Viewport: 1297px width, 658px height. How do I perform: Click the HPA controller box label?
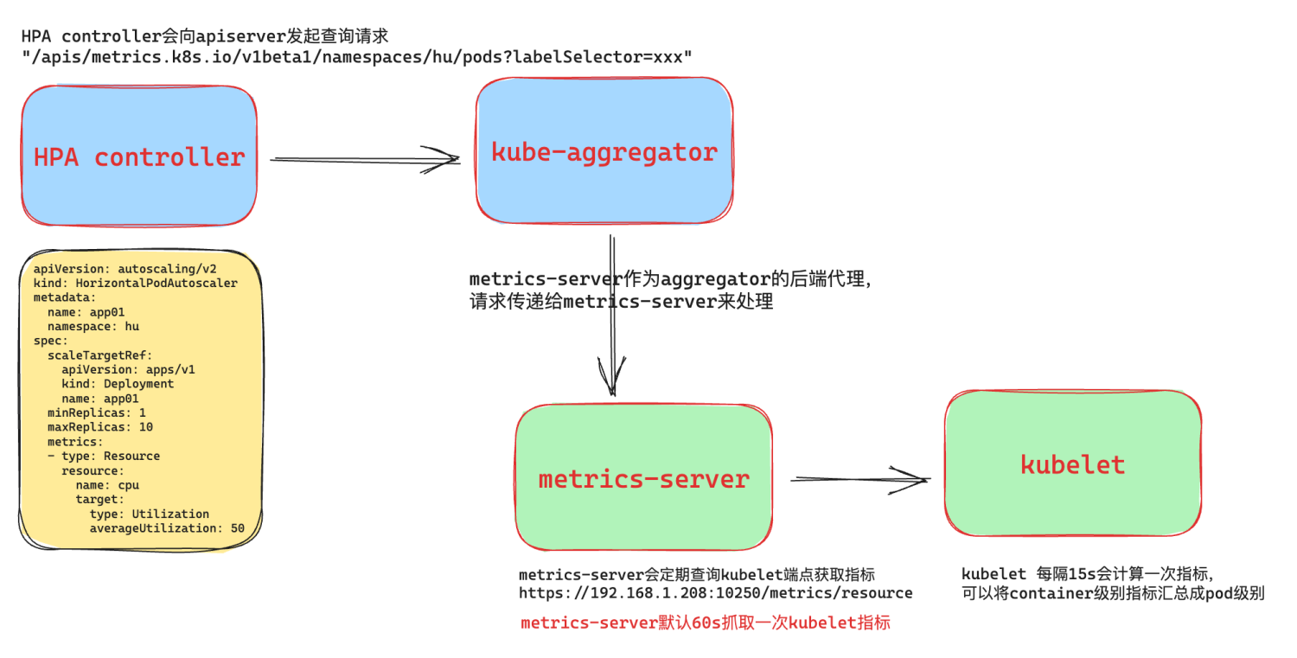[x=139, y=157]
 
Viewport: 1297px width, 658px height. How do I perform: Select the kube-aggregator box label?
[x=604, y=152]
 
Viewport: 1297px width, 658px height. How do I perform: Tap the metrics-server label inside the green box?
[x=643, y=479]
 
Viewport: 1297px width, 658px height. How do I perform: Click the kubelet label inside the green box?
[x=1072, y=464]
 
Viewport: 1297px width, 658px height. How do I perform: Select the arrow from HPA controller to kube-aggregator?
[x=364, y=159]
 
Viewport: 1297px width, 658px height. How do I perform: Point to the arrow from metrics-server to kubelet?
[x=860, y=478]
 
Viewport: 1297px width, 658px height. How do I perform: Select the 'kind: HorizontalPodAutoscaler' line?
[x=135, y=283]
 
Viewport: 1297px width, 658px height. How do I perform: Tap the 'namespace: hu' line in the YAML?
[x=93, y=326]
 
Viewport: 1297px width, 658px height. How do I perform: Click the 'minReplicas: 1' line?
[x=96, y=412]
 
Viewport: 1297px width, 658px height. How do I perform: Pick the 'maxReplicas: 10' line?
[x=99, y=427]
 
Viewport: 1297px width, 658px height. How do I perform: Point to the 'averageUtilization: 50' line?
[x=167, y=527]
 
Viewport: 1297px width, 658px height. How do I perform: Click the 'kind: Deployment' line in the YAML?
[x=118, y=384]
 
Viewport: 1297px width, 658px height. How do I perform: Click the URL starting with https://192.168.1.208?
[x=715, y=593]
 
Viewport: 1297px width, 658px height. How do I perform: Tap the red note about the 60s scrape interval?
[x=705, y=623]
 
